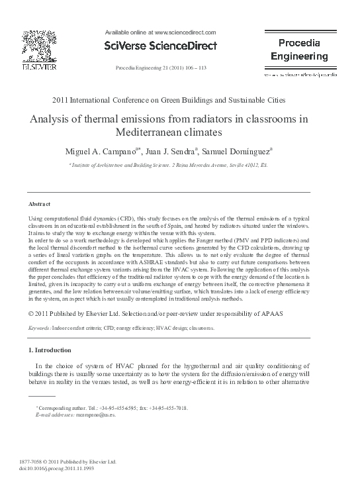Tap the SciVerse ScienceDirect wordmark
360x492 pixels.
(x=160, y=45)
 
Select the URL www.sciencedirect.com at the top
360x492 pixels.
(x=185, y=31)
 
